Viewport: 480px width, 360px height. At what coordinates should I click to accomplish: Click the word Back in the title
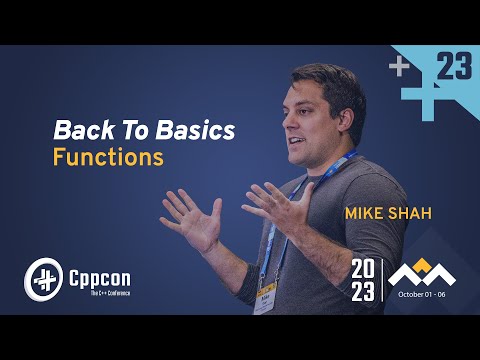[77, 131]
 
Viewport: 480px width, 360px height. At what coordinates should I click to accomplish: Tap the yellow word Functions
[107, 158]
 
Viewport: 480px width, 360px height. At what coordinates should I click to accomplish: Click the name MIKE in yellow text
[369, 214]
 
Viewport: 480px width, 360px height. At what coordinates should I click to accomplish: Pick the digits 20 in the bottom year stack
[364, 266]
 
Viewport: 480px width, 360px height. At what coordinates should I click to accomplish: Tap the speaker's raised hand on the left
[190, 214]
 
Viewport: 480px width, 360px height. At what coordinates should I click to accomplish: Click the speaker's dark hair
[325, 82]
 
